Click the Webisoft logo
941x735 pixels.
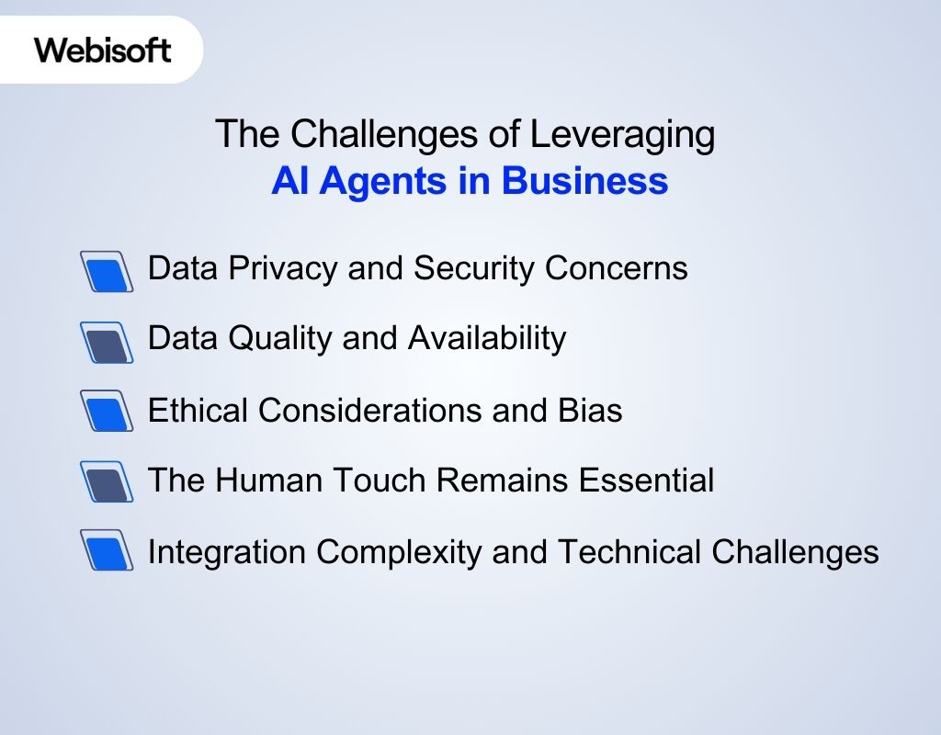tap(103, 50)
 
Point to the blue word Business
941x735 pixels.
tap(584, 181)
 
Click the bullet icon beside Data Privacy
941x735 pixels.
tap(107, 271)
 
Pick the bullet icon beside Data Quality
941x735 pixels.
tap(107, 342)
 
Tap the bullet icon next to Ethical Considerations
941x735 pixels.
tap(107, 411)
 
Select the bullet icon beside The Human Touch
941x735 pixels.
tap(107, 481)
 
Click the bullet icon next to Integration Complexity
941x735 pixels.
tap(107, 550)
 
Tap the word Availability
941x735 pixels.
tap(487, 339)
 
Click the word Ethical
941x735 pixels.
tap(198, 410)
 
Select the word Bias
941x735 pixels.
tap(590, 410)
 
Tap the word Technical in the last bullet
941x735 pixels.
tap(629, 551)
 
